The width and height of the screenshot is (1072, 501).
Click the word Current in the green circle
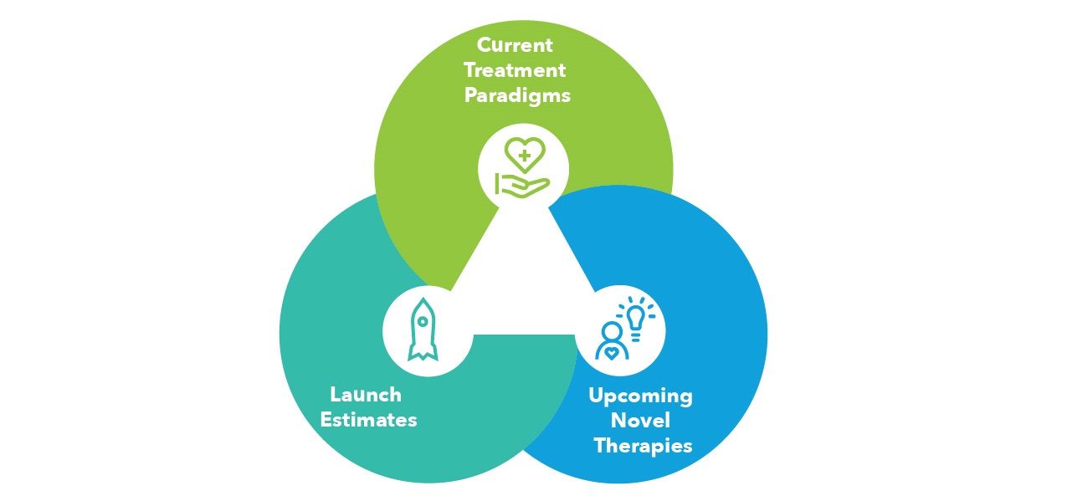point(515,44)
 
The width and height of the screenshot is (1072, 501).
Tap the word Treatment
point(515,69)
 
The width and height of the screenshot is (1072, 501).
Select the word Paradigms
point(517,95)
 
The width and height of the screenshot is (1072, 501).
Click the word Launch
point(366,394)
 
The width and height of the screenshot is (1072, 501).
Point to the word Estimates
point(368,419)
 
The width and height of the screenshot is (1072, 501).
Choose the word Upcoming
point(640,395)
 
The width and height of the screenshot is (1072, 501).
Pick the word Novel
point(642,420)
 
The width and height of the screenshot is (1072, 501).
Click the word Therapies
point(643,445)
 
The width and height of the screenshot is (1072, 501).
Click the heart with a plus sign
point(525,154)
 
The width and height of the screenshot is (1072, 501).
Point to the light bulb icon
point(637,320)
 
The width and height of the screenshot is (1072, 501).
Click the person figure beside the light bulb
point(612,342)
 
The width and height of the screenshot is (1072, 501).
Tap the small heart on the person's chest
point(613,352)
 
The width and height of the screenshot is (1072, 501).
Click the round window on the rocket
point(423,320)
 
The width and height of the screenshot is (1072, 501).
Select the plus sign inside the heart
point(525,155)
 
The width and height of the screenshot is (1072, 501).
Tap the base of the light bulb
point(637,336)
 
